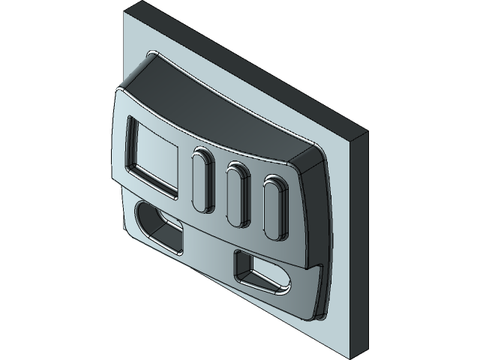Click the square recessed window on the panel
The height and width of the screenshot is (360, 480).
[x=153, y=156]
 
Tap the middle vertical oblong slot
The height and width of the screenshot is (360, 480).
[x=238, y=193]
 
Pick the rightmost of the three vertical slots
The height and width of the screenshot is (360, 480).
[x=273, y=208]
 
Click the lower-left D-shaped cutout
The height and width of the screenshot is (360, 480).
[x=158, y=226]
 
